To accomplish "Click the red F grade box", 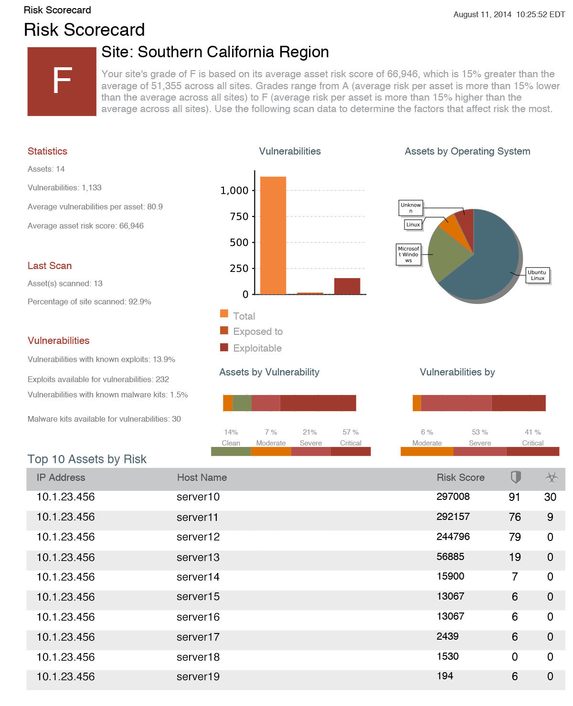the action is (x=62, y=81).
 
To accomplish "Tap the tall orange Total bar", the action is (x=273, y=235).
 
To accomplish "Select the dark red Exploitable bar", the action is (x=347, y=286).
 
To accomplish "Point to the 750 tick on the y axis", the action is (x=239, y=217).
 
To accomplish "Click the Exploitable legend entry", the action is (x=251, y=348).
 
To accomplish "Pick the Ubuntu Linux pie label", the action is (x=537, y=275).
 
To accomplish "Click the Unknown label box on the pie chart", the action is (x=411, y=208).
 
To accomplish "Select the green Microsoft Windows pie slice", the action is (x=446, y=254).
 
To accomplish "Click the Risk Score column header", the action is (x=460, y=477).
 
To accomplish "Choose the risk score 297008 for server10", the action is (x=453, y=496).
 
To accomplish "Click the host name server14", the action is (x=198, y=576).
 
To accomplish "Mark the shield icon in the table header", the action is (x=515, y=477).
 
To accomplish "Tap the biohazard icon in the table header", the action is (x=552, y=478).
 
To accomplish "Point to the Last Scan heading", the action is (x=50, y=266).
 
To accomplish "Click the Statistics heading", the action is (x=47, y=151).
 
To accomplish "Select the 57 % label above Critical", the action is (x=350, y=432).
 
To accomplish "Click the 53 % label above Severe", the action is (x=480, y=432).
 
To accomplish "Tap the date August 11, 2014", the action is (x=482, y=15).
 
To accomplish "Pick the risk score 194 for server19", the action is (x=445, y=675).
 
